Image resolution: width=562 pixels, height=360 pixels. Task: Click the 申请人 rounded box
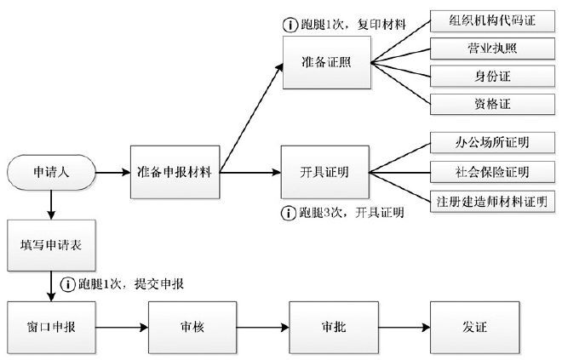[50, 172]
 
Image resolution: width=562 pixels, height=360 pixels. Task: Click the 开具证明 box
[324, 172]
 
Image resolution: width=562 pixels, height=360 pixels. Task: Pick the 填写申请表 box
[50, 243]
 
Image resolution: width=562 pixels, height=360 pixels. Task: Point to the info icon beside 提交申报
[66, 283]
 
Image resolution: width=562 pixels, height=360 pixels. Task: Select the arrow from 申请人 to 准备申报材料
[113, 172]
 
